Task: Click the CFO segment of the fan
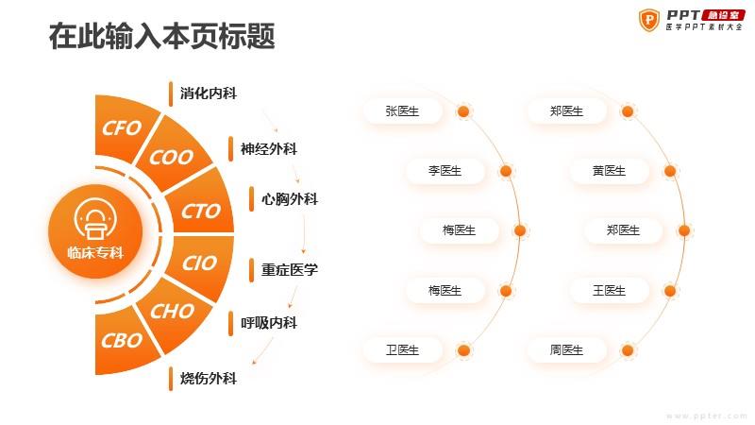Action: pyautogui.click(x=123, y=128)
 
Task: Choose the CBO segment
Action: pyautogui.click(x=123, y=340)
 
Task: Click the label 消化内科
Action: pyautogui.click(x=209, y=93)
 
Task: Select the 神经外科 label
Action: pyautogui.click(x=269, y=149)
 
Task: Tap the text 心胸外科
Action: pyautogui.click(x=290, y=199)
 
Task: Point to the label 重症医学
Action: pyautogui.click(x=290, y=269)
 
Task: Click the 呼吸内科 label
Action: pyautogui.click(x=269, y=322)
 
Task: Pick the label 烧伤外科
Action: pyautogui.click(x=209, y=379)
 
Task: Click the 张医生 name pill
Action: pyautogui.click(x=403, y=111)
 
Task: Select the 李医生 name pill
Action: pyautogui.click(x=445, y=171)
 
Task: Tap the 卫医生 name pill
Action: pyautogui.click(x=403, y=349)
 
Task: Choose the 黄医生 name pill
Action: pyautogui.click(x=609, y=171)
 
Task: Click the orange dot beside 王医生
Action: pyautogui.click(x=670, y=291)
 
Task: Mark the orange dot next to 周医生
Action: pyautogui.click(x=628, y=350)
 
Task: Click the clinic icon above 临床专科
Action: pyautogui.click(x=95, y=219)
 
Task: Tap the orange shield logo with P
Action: pyautogui.click(x=649, y=20)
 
